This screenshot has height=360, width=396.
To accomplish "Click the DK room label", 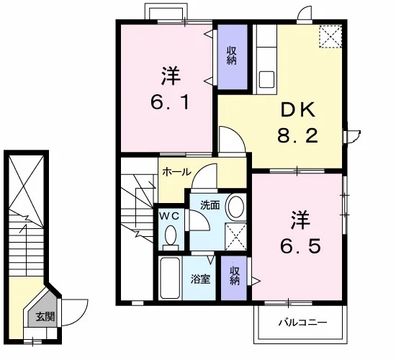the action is pyautogui.click(x=298, y=110).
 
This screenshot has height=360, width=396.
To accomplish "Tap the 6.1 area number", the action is pyautogui.click(x=170, y=102).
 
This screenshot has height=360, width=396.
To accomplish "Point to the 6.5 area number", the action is pyautogui.click(x=300, y=246).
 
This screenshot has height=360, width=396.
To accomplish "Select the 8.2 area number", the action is pyautogui.click(x=297, y=135).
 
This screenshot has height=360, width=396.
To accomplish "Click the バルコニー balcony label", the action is pyautogui.click(x=303, y=323).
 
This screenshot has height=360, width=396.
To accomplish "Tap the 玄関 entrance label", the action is pyautogui.click(x=45, y=316).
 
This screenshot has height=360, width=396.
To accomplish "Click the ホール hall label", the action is pyautogui.click(x=177, y=172).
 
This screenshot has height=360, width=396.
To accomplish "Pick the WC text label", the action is pyautogui.click(x=169, y=216).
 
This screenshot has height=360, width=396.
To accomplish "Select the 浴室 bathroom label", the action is pyautogui.click(x=200, y=279).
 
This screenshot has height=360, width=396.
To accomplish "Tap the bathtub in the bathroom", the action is pyautogui.click(x=170, y=278).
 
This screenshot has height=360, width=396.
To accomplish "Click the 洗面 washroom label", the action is pyautogui.click(x=210, y=205).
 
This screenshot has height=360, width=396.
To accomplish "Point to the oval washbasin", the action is pyautogui.click(x=236, y=207).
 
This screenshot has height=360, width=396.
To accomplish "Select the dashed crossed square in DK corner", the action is pyautogui.click(x=330, y=36).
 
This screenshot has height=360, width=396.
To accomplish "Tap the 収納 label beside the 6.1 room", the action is pyautogui.click(x=232, y=55).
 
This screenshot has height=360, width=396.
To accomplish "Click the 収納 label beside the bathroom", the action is pyautogui.click(x=235, y=276).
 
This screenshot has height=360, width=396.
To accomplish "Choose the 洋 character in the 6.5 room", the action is pyautogui.click(x=300, y=220).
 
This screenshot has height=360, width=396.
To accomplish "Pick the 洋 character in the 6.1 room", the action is pyautogui.click(x=171, y=76).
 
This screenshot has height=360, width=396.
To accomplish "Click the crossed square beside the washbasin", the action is pyautogui.click(x=235, y=237).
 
